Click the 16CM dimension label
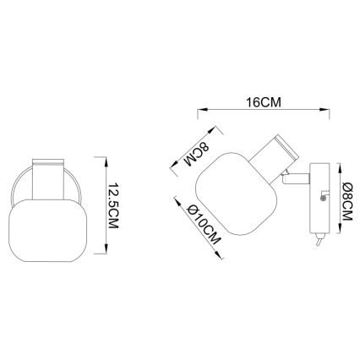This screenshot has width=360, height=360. pyautogui.click(x=264, y=102)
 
